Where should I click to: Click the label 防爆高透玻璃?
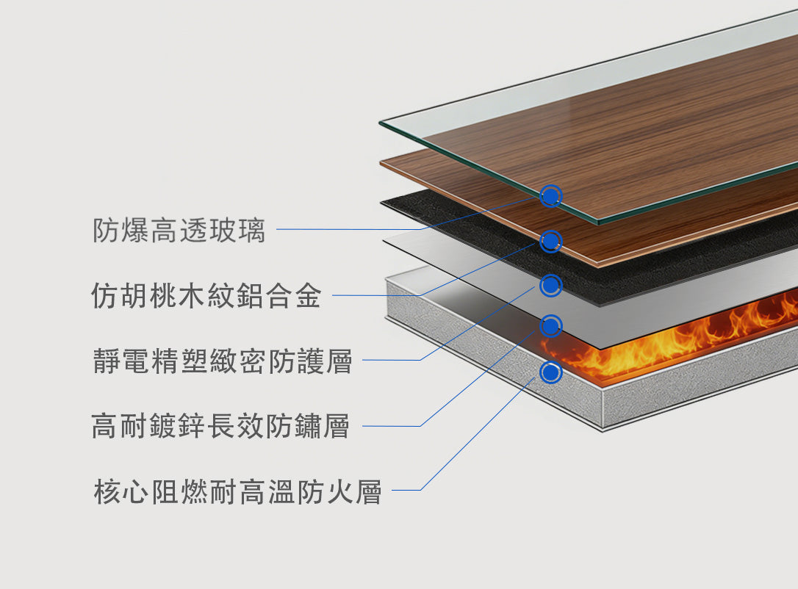pyautogui.click(x=179, y=230)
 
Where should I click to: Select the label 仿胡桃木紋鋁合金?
pyautogui.click(x=206, y=295)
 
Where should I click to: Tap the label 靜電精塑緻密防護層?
pyautogui.click(x=223, y=361)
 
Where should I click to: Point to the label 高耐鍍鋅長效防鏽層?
pyautogui.click(x=220, y=426)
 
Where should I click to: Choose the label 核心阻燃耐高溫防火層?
pyautogui.click(x=237, y=491)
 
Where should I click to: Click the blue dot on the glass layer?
pyautogui.click(x=550, y=196)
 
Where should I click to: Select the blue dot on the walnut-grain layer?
pyautogui.click(x=550, y=241)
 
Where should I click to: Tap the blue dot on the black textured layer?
pyautogui.click(x=550, y=286)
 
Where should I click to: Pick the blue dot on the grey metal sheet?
pyautogui.click(x=550, y=326)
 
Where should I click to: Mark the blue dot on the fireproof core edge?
pyautogui.click(x=550, y=372)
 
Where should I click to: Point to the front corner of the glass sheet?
pyautogui.click(x=599, y=223)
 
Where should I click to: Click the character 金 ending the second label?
pyautogui.click(x=309, y=295)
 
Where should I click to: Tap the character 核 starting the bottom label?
pyautogui.click(x=107, y=491)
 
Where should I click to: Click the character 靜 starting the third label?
pyautogui.click(x=107, y=361)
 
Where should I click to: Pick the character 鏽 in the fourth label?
pyautogui.click(x=307, y=426)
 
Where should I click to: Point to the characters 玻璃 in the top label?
pyautogui.click(x=237, y=230)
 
